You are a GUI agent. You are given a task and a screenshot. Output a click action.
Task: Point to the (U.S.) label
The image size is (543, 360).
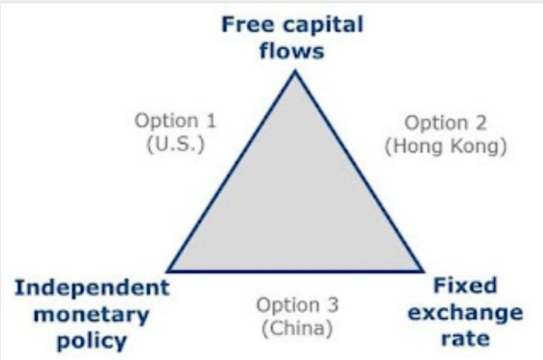coord(175,142)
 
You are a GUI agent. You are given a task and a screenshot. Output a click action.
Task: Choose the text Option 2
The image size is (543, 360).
coord(445,123)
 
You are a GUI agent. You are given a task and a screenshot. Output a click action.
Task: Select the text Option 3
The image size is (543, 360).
coord(297,305)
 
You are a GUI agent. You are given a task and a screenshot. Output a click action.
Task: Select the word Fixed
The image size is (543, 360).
coord(465,285)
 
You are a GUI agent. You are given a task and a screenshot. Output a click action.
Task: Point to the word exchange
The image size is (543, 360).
coord(465,313)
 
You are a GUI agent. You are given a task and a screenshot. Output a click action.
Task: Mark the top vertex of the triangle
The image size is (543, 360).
coord(295,71)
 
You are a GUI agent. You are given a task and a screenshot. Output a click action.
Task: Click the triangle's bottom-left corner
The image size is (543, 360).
coord(168,271)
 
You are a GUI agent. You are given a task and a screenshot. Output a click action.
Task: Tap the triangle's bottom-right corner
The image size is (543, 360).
coord(422,271)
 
